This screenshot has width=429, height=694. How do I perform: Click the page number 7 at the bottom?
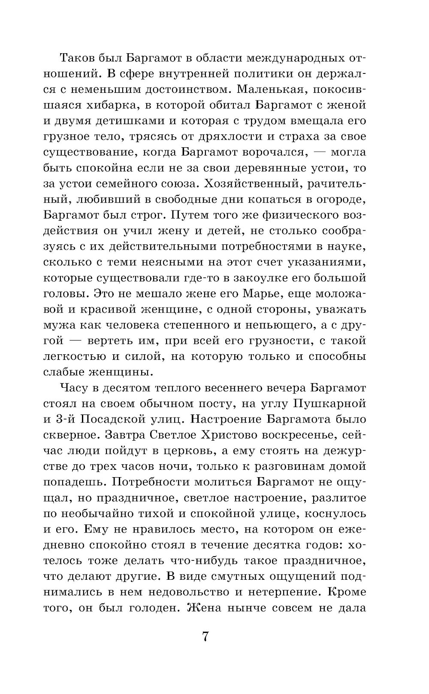click(x=205, y=637)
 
